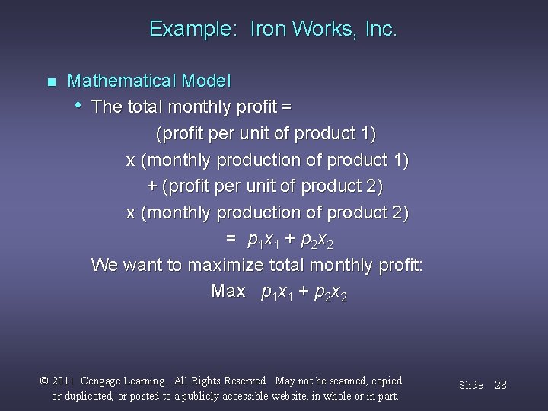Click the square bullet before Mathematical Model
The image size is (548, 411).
tap(51, 81)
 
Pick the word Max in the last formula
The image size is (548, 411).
tap(228, 292)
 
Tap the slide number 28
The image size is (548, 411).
tap(499, 385)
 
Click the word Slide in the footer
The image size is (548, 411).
tap(470, 385)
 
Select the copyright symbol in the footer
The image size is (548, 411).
tap(43, 381)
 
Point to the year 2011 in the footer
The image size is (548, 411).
tap(66, 381)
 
